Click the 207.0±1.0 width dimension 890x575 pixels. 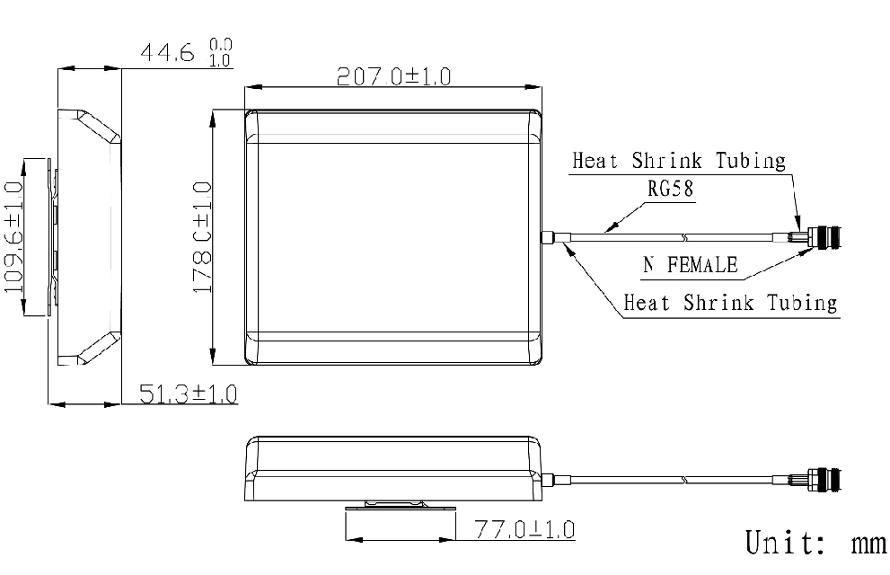pyautogui.click(x=394, y=76)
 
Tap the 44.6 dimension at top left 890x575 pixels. pyautogui.click(x=168, y=53)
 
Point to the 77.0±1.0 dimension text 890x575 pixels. pyautogui.click(x=524, y=529)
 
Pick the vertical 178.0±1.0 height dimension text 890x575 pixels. pyautogui.click(x=201, y=236)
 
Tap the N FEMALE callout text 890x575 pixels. pyautogui.click(x=690, y=265)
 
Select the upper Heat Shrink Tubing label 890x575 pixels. pyautogui.click(x=679, y=162)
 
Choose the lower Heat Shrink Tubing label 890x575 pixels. pyautogui.click(x=730, y=302)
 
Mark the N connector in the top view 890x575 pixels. pyautogui.click(x=824, y=238)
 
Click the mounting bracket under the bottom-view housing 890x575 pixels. pyautogui.click(x=400, y=509)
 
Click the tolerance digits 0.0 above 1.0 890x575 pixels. pyautogui.click(x=220, y=43)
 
